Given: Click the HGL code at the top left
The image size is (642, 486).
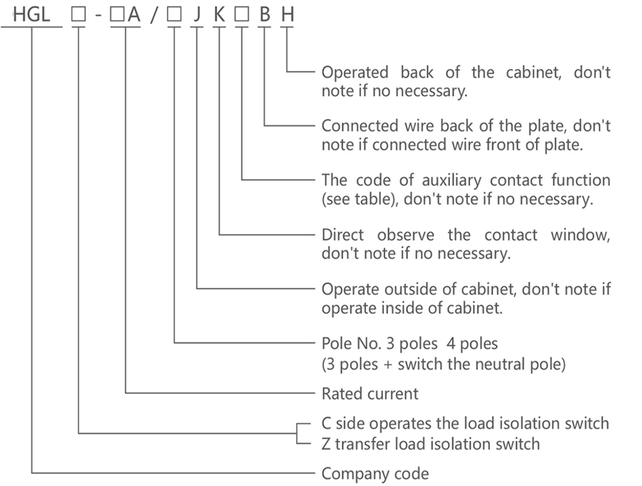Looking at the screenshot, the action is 31,15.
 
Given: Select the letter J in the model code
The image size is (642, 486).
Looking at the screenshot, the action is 198,15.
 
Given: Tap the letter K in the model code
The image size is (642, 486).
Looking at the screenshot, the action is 220,15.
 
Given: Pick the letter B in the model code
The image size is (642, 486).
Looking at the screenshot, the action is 265,15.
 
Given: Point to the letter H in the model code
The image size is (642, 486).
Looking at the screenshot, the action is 287,15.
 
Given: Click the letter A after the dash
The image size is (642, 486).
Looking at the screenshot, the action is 134,15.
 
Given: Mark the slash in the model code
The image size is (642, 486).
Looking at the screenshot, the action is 154,15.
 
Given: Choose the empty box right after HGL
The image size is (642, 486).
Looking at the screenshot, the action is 78,15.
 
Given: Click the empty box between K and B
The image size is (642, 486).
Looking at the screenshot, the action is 242,15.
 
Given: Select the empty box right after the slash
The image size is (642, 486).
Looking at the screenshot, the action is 174,15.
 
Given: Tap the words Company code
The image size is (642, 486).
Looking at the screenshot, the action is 375,474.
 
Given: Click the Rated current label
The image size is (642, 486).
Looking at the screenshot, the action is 370,394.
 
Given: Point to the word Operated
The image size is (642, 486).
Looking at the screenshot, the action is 355,73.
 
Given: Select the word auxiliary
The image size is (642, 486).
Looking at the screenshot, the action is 452,181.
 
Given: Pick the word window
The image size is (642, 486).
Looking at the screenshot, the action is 580,235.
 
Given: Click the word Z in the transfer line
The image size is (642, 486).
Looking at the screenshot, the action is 326,444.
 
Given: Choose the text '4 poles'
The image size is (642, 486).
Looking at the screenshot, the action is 472,344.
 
